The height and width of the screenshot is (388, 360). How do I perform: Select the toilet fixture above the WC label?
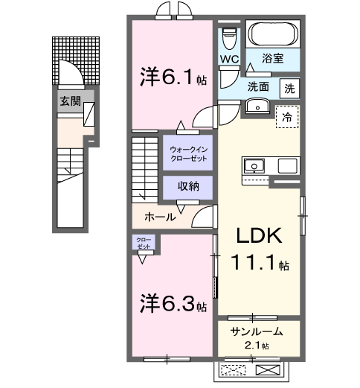click(x=229, y=34)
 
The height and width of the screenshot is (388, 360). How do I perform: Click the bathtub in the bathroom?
click(x=271, y=34)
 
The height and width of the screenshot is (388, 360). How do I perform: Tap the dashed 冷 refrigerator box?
click(x=286, y=116)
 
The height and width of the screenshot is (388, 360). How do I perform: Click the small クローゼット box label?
click(x=143, y=243)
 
